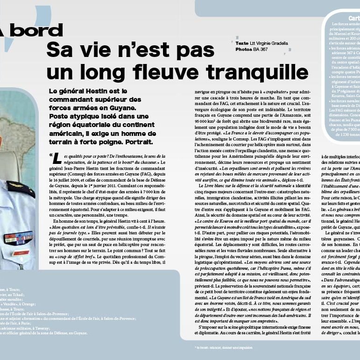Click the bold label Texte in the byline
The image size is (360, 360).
point(242,43)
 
